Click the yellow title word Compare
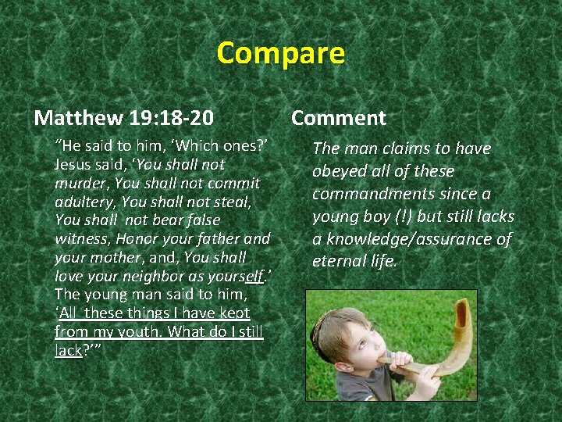pos(280,53)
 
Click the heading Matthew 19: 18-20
pos(124,118)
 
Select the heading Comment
pos(338,118)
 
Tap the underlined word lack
pos(68,350)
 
